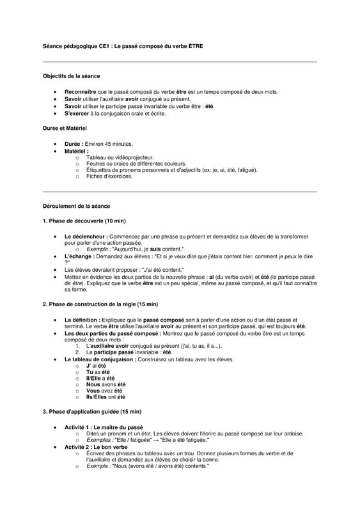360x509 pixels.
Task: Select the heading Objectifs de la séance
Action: coord(72,75)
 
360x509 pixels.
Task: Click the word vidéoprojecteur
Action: coord(134,157)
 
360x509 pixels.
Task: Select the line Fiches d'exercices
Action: coord(109,176)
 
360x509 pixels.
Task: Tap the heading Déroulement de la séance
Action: coord(76,207)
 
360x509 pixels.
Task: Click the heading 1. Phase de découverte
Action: coord(84,221)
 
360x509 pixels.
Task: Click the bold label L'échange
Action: coord(79,256)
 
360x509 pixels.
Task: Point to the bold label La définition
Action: coord(82,319)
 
